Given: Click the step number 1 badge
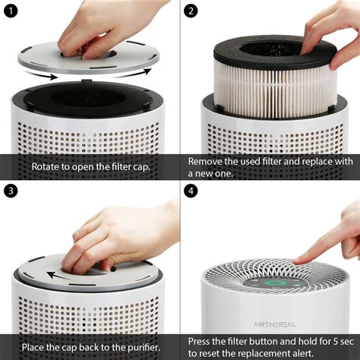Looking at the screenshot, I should (x=10, y=11).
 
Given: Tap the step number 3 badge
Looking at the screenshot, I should (x=10, y=191).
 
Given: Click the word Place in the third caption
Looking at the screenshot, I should (x=43, y=346).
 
